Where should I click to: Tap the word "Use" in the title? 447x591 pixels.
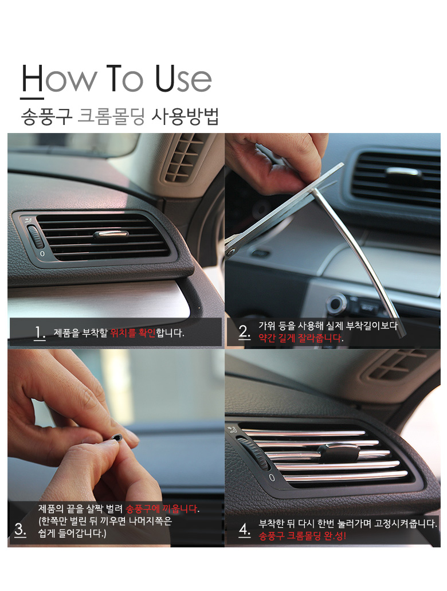[x=183, y=79]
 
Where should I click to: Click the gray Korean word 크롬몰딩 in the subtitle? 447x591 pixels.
[x=111, y=116]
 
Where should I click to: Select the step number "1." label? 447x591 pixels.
[x=40, y=333]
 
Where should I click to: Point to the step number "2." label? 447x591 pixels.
[x=244, y=332]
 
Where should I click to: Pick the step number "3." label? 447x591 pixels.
[x=21, y=529]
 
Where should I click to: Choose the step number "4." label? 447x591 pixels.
[x=245, y=530]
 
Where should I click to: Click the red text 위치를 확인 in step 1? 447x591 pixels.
[x=133, y=333]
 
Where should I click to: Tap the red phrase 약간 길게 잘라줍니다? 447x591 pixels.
[x=301, y=338]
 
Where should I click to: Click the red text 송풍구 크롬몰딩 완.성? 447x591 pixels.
[x=302, y=535]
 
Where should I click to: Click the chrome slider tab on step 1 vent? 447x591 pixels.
[x=111, y=235]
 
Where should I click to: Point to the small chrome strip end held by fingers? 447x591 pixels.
[x=116, y=437]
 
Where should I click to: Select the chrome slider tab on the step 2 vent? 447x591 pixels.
[x=403, y=172]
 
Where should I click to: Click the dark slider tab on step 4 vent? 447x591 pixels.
[x=339, y=451]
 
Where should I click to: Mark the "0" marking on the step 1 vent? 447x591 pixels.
[x=42, y=254]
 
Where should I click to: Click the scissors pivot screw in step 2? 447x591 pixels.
[x=230, y=251]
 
